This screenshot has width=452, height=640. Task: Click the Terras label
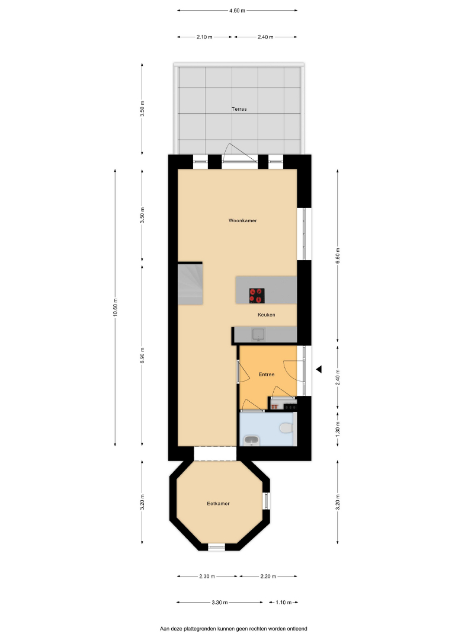(239, 109)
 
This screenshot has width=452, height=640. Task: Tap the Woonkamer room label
(243, 220)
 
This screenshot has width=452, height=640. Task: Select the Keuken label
(267, 315)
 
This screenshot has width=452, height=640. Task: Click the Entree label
(267, 375)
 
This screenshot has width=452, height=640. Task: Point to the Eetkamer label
(218, 504)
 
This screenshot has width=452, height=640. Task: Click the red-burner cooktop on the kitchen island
(257, 296)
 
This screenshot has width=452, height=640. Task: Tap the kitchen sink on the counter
(258, 334)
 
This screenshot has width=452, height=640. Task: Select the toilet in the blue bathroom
(286, 428)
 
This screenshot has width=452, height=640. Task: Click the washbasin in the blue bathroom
(251, 441)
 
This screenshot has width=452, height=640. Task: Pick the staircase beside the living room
(190, 284)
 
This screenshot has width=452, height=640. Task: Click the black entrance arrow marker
(319, 369)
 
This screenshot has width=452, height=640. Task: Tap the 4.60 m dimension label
(237, 11)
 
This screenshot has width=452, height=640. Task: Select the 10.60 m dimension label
(116, 308)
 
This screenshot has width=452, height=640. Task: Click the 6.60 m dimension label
(338, 255)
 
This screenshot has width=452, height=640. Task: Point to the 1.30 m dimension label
(338, 429)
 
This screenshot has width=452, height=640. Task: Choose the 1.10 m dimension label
(284, 602)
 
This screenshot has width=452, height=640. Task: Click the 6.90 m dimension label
(142, 355)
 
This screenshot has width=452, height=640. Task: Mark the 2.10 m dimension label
(204, 37)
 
